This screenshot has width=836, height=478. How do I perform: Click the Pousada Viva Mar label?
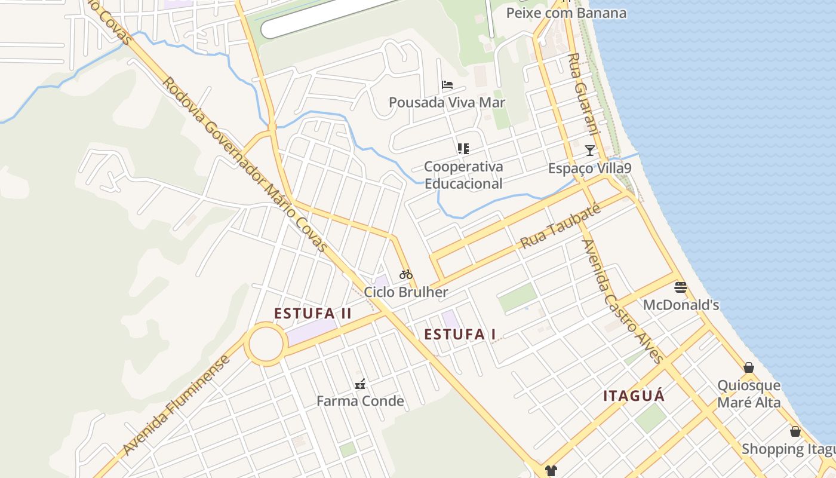(x=447, y=102)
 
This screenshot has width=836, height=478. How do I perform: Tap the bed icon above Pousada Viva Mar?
(x=447, y=85)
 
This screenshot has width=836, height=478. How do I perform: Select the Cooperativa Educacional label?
(x=463, y=175)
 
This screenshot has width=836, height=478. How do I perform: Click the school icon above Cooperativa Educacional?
(x=463, y=148)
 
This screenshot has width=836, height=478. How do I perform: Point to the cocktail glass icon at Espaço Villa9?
(x=590, y=150)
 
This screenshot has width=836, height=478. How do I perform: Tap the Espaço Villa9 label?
(x=589, y=168)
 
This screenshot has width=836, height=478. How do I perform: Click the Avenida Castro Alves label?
(x=623, y=302)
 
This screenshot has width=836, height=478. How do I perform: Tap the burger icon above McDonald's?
(x=680, y=287)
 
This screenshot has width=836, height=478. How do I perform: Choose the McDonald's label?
(x=681, y=305)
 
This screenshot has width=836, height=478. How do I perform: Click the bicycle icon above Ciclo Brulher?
(x=406, y=274)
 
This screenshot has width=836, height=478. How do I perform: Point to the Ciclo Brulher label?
(x=406, y=292)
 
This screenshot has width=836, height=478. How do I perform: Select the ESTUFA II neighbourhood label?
(x=313, y=313)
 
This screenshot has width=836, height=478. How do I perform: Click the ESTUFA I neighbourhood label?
(x=460, y=335)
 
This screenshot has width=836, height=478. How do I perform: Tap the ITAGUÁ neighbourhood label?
(x=634, y=396)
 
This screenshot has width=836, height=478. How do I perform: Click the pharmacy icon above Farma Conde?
(x=360, y=384)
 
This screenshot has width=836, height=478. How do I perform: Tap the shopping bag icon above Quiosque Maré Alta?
(x=749, y=367)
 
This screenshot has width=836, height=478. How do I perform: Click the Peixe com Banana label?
(x=566, y=13)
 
